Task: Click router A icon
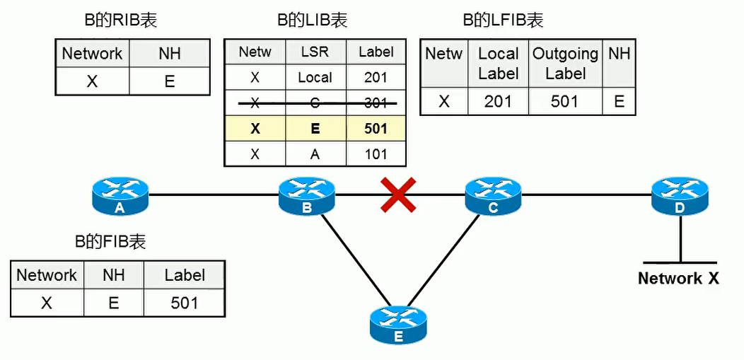[120, 194]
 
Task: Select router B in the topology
[306, 194]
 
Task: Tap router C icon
[493, 194]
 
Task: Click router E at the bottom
[398, 325]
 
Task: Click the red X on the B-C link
[398, 194]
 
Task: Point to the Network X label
[678, 278]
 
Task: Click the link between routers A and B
[212, 194]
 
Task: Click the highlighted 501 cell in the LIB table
[376, 129]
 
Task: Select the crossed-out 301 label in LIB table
[376, 103]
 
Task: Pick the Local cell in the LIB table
[315, 78]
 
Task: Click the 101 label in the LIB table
[376, 154]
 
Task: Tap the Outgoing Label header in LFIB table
[565, 64]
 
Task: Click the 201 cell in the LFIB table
[498, 101]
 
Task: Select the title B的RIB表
[121, 21]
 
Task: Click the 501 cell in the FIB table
[184, 303]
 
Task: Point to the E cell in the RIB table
[170, 81]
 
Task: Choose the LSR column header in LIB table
[315, 52]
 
